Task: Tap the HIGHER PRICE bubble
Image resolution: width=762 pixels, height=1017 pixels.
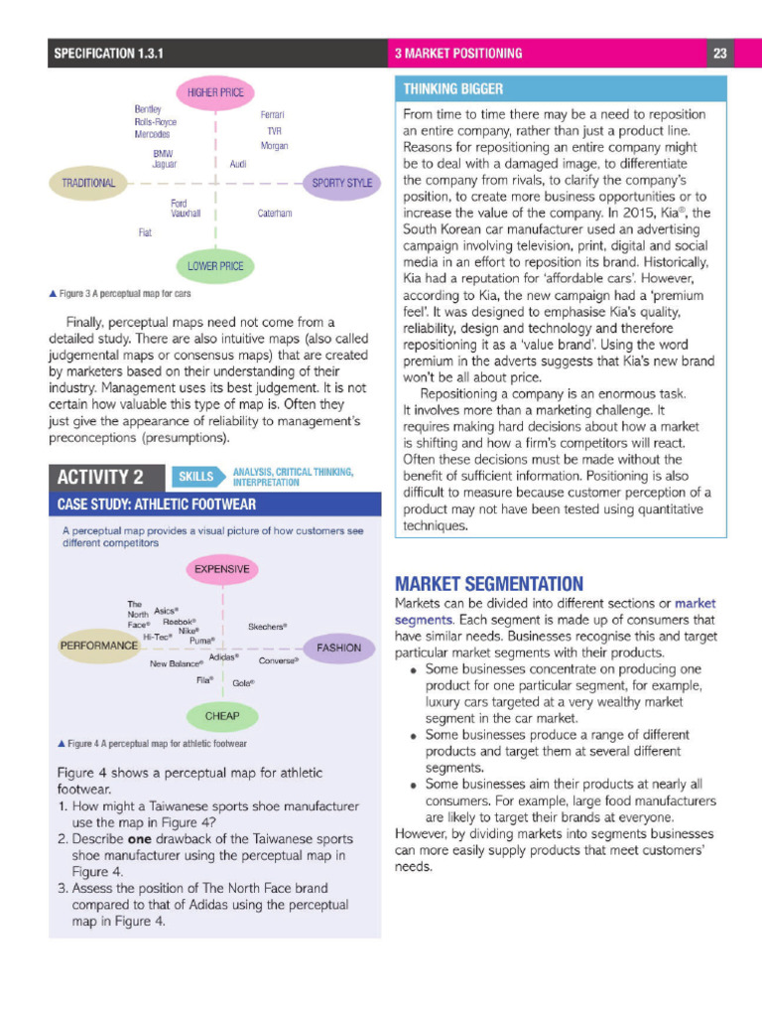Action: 215,93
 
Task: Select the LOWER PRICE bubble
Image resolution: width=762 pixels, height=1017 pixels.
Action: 215,266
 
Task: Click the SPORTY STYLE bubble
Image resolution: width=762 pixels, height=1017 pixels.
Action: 341,183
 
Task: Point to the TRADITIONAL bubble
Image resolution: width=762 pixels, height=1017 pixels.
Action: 88,183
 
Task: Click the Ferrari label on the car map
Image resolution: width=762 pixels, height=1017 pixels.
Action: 272,115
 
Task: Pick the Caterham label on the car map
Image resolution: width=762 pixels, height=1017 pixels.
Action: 275,214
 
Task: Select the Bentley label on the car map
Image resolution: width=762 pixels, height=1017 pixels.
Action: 148,108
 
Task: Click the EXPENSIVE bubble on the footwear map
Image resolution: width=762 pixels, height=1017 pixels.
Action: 222,569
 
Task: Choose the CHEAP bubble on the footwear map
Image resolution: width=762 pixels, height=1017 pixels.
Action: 222,715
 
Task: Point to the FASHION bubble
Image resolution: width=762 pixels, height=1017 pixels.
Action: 338,648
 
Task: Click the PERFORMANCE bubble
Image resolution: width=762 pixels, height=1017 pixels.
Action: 99,646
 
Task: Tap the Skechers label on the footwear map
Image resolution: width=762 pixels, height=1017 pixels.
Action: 268,627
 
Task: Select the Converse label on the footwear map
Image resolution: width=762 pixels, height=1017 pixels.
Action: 279,660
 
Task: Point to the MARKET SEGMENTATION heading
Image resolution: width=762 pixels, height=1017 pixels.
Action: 489,583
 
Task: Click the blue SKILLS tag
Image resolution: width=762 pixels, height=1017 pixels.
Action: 196,476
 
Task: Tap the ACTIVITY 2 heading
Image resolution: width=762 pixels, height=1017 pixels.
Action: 100,477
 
